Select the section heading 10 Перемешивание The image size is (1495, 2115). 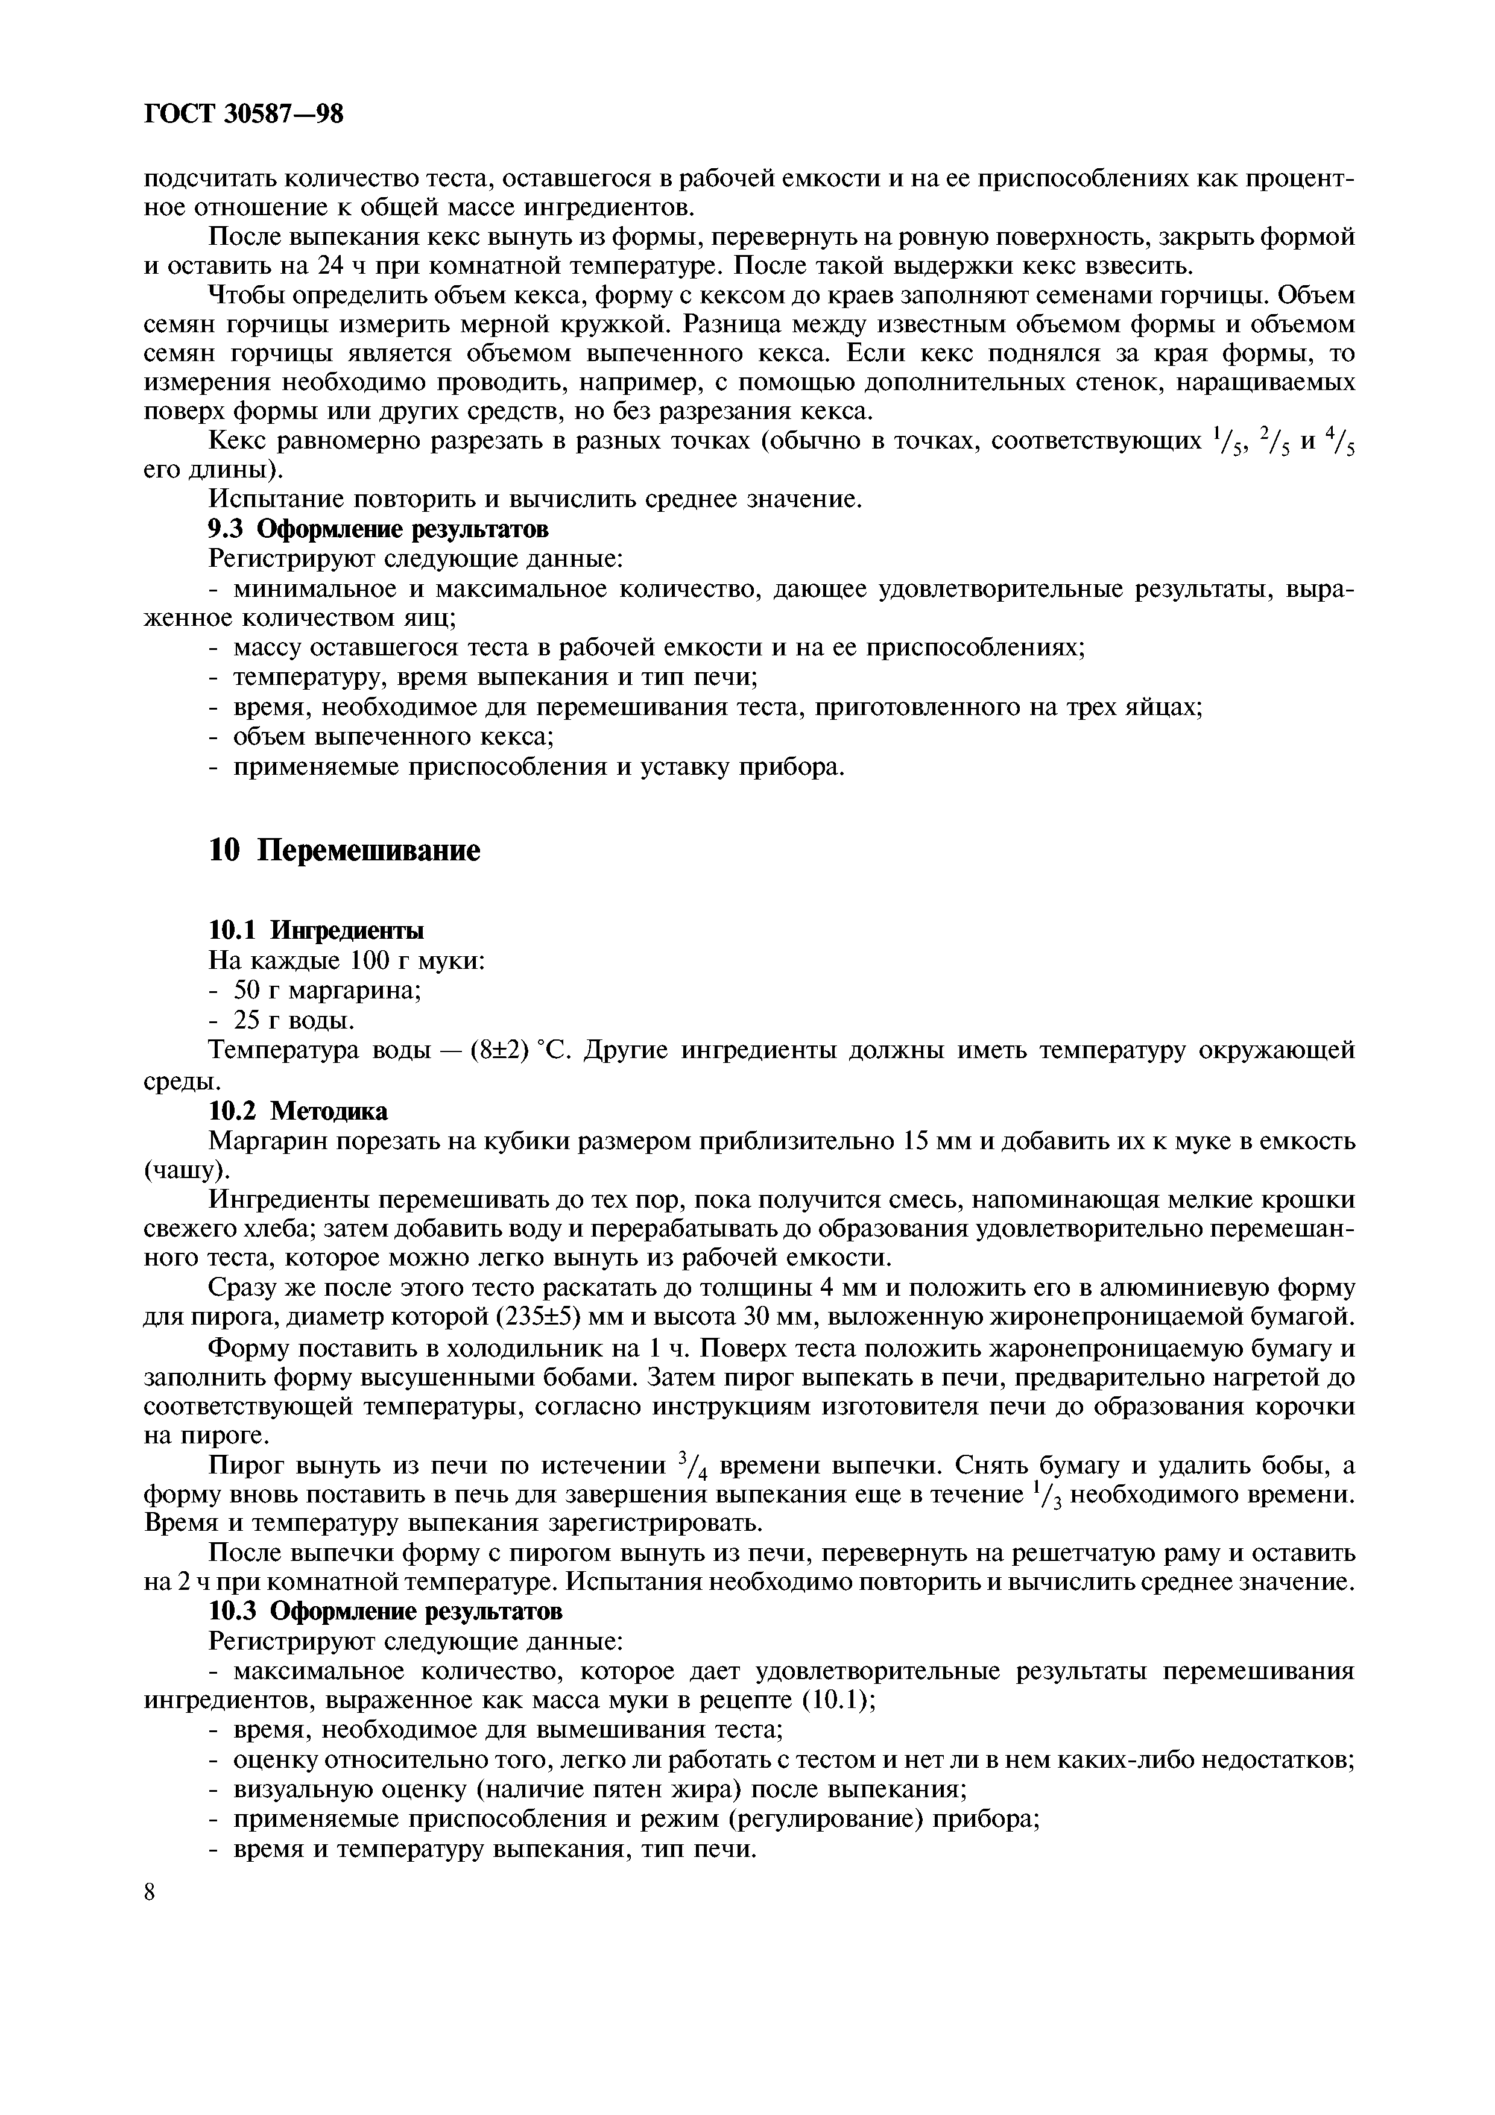pos(344,850)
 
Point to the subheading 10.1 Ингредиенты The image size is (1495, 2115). pos(317,930)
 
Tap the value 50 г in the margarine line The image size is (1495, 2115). pos(257,990)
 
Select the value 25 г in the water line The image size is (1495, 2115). pos(257,1021)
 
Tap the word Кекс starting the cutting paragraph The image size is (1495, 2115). pos(239,442)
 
